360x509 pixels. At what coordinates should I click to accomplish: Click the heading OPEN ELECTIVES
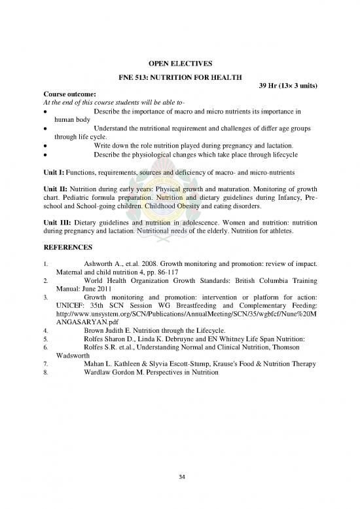(179, 64)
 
